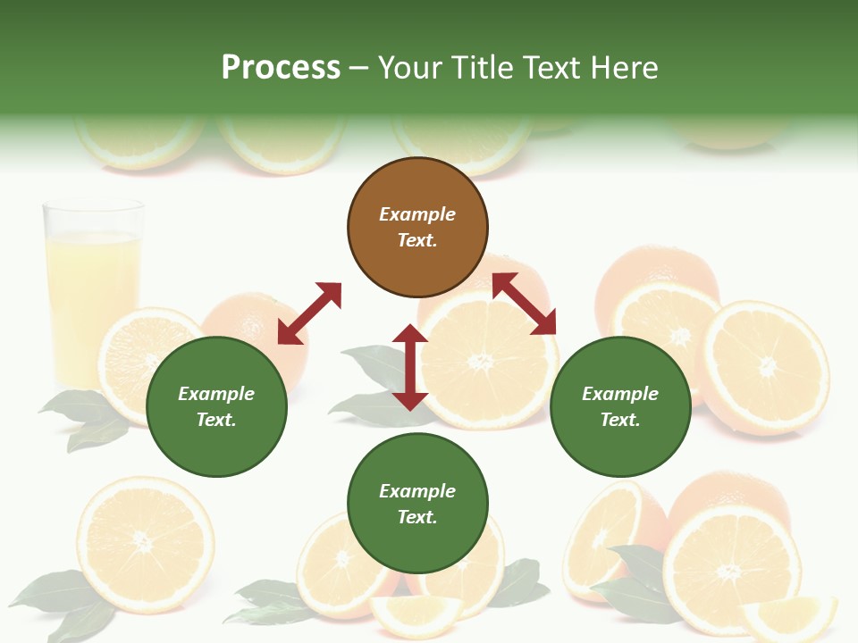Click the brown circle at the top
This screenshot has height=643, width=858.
417,228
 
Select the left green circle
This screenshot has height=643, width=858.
216,407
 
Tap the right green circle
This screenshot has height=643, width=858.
620,407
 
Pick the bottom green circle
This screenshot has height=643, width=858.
417,504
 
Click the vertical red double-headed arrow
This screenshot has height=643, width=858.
410,367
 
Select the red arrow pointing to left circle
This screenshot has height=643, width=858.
309,313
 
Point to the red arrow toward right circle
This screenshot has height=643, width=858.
525,304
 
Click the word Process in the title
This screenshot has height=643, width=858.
281,67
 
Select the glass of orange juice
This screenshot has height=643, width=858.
92,286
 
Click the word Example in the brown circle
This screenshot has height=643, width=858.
417,214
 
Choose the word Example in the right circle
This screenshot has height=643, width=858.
620,394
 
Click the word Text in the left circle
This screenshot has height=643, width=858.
215,420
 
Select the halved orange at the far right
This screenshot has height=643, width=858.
766,367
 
